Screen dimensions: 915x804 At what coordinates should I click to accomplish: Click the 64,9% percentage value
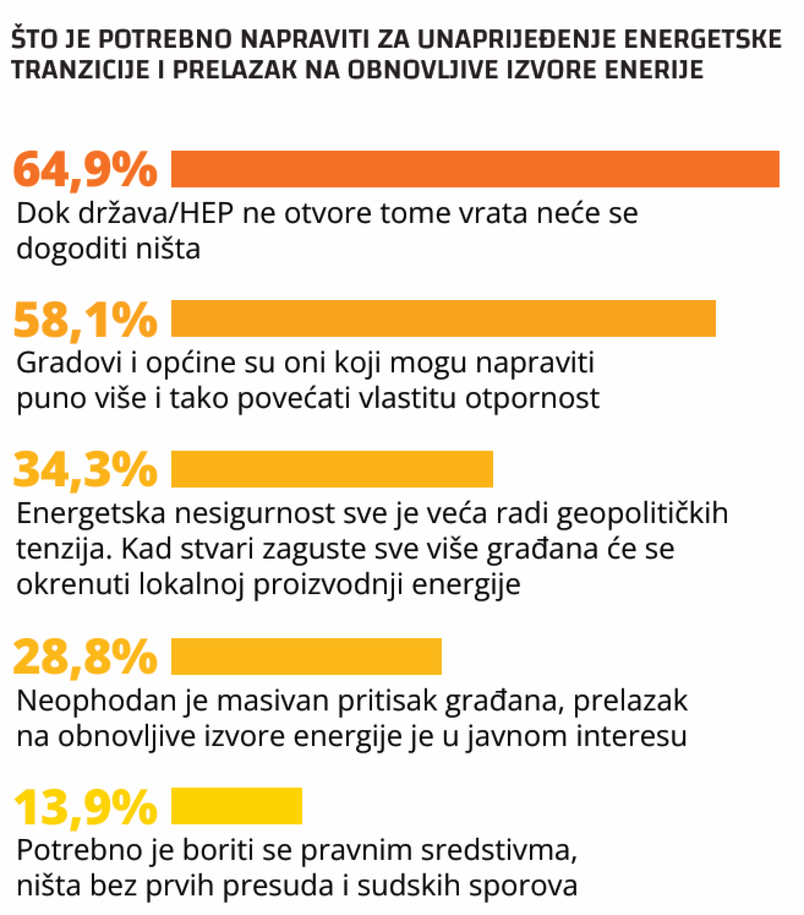pos(85,170)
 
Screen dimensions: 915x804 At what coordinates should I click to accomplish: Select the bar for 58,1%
pos(443,319)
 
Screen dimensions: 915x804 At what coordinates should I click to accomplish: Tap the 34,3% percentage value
pos(85,469)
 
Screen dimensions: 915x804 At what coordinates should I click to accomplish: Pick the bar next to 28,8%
pos(306,657)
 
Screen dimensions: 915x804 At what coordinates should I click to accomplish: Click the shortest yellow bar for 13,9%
pos(236,806)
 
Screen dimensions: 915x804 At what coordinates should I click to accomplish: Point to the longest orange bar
pos(475,169)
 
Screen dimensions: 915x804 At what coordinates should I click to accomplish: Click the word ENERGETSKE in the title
pos(702,39)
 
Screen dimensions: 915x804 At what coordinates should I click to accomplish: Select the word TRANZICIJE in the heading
pos(80,70)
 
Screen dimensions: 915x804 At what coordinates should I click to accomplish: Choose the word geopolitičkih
pos(642,513)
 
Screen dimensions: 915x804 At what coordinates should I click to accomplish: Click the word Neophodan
pos(96,700)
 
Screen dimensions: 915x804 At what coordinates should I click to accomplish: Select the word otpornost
pos(532,398)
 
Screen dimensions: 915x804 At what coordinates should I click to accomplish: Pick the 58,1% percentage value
pos(85,320)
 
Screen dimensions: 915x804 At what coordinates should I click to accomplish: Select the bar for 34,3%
pos(332,469)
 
